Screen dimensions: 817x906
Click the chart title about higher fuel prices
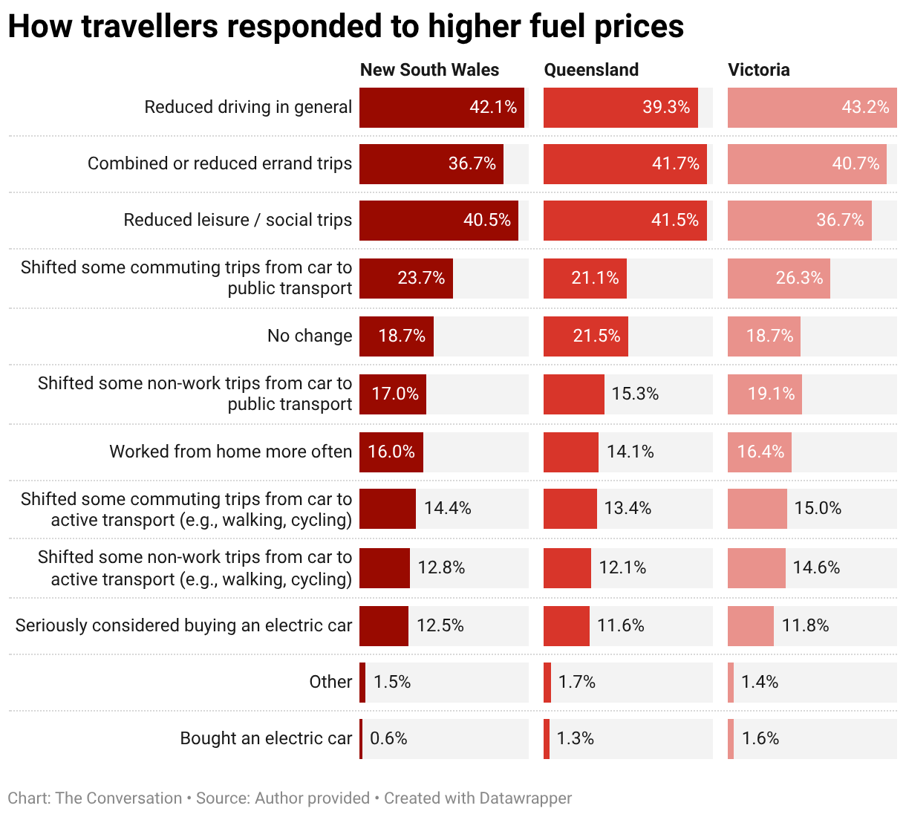(345, 27)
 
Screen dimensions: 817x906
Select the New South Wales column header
(429, 70)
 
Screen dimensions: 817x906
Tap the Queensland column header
(591, 70)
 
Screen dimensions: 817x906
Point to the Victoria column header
(758, 70)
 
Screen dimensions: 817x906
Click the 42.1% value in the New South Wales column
(493, 107)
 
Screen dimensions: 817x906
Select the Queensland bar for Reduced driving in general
(620, 108)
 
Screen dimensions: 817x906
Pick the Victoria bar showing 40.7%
(806, 164)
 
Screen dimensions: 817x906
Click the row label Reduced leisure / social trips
(238, 220)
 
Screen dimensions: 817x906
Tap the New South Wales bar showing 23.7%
(405, 279)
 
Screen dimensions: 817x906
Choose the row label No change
(310, 336)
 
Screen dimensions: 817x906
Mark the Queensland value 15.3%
(635, 394)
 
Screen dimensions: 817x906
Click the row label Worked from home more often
(230, 452)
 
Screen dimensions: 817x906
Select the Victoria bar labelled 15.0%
(757, 509)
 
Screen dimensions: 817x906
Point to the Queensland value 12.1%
(622, 567)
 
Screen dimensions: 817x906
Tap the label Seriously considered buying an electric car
(183, 625)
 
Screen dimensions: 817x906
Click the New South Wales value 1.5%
(391, 682)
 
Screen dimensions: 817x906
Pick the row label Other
(330, 682)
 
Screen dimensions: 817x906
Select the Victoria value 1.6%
(760, 738)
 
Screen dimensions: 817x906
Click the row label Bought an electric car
(266, 738)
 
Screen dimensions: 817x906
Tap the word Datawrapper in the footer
(525, 798)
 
